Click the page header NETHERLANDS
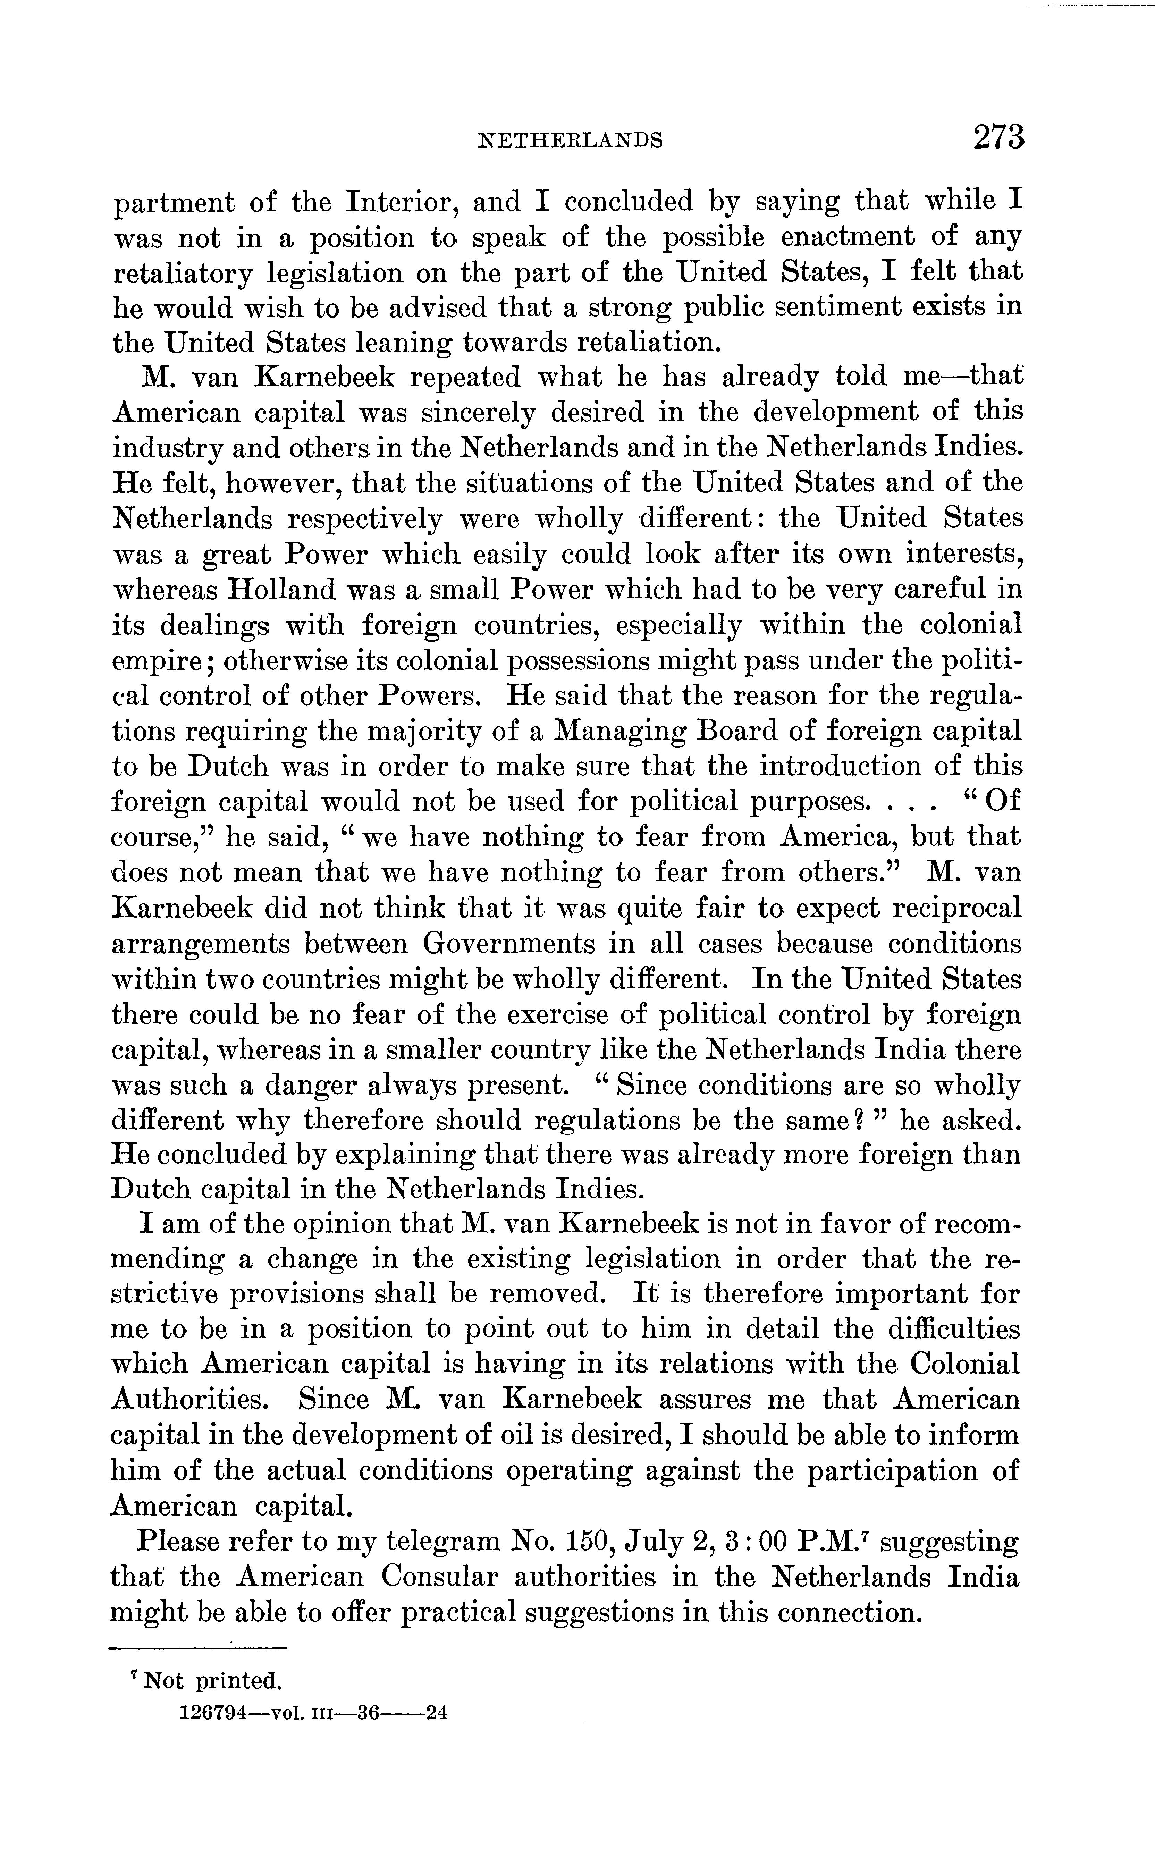[569, 140]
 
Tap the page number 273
[998, 137]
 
